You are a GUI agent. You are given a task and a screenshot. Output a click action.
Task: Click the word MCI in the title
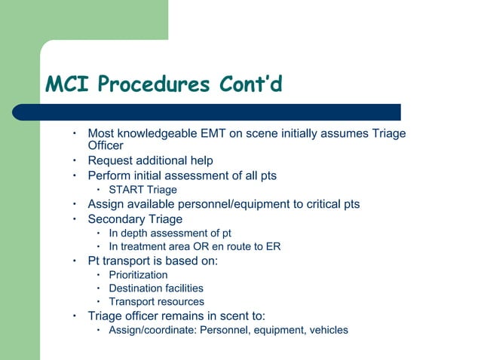click(x=68, y=84)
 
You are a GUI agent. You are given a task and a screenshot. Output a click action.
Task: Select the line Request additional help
click(x=150, y=160)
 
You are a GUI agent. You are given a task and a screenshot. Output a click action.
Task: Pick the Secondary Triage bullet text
click(x=135, y=219)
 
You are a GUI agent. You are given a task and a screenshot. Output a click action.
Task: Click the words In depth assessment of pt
click(x=164, y=233)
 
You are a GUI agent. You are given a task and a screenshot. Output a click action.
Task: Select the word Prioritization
click(x=138, y=275)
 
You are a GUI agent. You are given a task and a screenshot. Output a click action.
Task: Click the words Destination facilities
click(x=156, y=288)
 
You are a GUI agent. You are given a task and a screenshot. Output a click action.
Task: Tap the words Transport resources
click(x=156, y=302)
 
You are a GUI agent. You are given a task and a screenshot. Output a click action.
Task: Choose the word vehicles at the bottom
click(x=326, y=330)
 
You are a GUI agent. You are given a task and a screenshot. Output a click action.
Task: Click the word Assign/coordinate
click(x=149, y=330)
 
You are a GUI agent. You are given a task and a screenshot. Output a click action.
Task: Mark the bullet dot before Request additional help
click(x=75, y=160)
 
